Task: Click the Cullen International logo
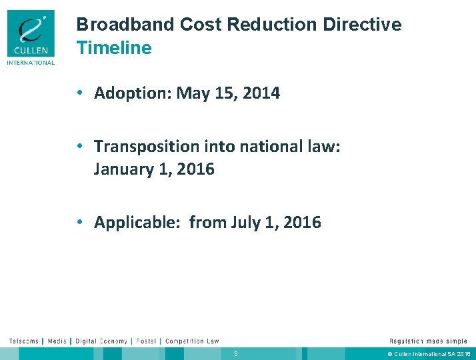point(31,38)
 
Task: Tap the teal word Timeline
point(114,48)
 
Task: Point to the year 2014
point(261,93)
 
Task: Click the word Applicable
point(136,222)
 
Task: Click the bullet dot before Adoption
point(79,93)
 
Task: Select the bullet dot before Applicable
point(79,222)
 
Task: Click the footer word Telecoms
point(23,341)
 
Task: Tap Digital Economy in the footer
point(101,341)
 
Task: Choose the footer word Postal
point(145,341)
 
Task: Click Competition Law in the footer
point(192,341)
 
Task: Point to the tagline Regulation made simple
point(428,341)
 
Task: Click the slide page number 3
point(235,353)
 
